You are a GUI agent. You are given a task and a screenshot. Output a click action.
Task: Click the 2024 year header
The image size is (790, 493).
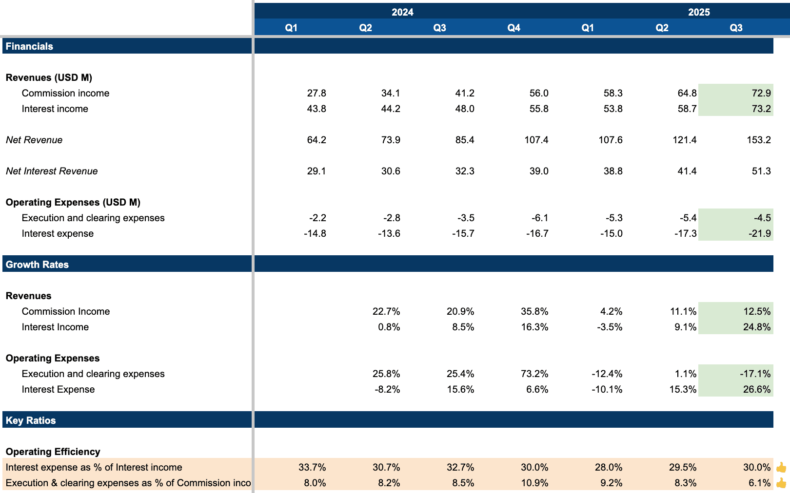coord(402,12)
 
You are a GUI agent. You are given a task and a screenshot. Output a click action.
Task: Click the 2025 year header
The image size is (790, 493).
coord(698,12)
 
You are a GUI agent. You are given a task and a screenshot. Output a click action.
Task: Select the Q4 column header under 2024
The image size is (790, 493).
coord(513,28)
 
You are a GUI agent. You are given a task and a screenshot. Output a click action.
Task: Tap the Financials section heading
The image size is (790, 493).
coord(29,46)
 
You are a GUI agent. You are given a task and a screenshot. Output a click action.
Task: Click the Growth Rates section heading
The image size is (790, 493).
coord(37,265)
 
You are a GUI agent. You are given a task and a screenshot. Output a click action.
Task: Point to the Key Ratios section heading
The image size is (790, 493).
coord(31,420)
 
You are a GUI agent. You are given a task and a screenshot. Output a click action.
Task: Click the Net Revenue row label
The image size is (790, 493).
coord(34,140)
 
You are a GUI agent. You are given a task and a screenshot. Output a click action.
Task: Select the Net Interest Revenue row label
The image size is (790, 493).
coord(52,171)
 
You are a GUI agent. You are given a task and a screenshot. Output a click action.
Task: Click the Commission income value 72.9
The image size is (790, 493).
coord(761,93)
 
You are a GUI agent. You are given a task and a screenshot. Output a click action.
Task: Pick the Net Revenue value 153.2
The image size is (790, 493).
coord(758,140)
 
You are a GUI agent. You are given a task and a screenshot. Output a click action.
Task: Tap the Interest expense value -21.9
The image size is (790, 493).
coord(760,233)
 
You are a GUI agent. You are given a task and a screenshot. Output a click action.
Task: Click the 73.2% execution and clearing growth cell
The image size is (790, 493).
coord(534,374)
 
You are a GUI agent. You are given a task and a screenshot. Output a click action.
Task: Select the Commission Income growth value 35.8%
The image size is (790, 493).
coord(534,311)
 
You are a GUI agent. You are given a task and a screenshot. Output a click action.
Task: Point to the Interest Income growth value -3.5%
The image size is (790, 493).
coord(610,327)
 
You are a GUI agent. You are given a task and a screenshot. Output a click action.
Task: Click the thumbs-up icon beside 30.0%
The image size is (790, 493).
coord(781,467)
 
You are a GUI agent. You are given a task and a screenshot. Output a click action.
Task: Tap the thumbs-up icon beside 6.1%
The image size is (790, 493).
coord(781,483)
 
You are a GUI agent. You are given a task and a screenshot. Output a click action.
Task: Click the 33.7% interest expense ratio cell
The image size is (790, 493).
coord(312,467)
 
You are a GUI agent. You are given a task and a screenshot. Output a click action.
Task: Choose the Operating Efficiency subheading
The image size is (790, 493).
coord(53,452)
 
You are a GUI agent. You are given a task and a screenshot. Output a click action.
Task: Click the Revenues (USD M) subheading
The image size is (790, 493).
coord(49,77)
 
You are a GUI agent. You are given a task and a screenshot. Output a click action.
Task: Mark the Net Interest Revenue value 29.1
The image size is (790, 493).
coord(316,171)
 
